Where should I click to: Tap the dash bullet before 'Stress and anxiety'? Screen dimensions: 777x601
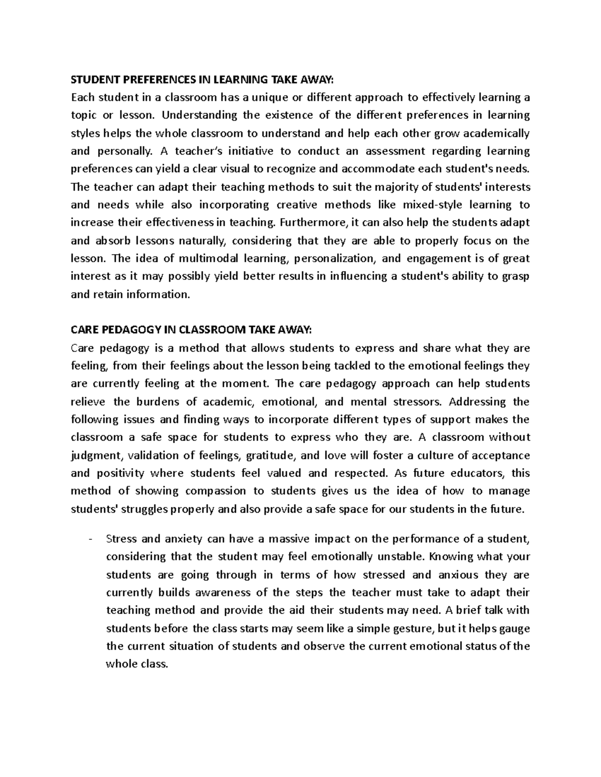[90, 539]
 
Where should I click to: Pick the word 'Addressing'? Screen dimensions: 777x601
[477, 402]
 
